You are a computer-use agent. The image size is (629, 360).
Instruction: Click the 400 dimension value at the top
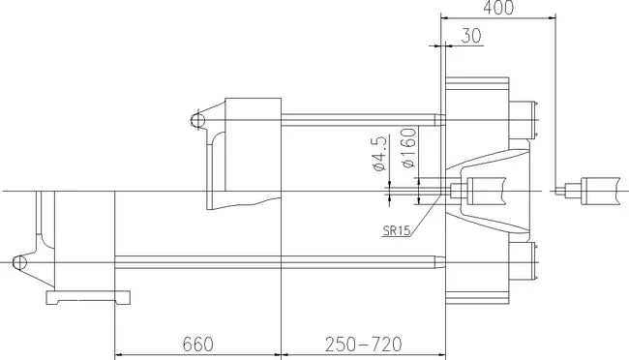[x=497, y=8]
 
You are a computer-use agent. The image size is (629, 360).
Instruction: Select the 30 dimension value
[x=472, y=35]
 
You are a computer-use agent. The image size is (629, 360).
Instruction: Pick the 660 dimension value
[x=197, y=344]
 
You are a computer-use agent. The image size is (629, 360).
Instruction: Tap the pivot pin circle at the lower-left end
[x=19, y=261]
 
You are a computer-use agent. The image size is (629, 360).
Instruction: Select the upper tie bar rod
[x=358, y=120]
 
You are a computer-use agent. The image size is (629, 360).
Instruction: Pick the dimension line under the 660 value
[x=197, y=354]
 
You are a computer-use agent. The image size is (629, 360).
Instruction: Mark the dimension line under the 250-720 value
[x=360, y=354]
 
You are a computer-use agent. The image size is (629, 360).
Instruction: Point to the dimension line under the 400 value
[x=497, y=16]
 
